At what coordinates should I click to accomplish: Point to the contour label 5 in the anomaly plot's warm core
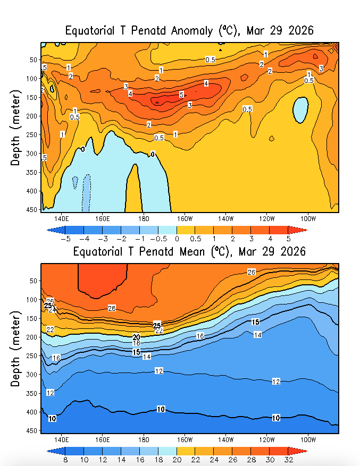point(181,95)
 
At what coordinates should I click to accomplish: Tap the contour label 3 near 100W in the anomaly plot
point(321,69)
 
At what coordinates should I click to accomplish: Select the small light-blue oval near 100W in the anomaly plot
point(300,110)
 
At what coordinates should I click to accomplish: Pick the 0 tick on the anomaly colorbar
point(177,239)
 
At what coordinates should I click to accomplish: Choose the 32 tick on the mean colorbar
point(289,459)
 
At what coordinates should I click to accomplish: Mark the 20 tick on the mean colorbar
point(177,459)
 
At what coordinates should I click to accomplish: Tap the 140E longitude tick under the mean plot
point(62,439)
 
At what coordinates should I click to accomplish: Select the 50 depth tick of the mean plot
point(32,281)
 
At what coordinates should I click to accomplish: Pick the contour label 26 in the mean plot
point(252,272)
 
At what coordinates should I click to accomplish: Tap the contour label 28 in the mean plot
point(112,308)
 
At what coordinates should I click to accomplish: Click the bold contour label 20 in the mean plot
point(136,337)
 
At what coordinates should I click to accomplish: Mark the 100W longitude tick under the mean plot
point(308,439)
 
